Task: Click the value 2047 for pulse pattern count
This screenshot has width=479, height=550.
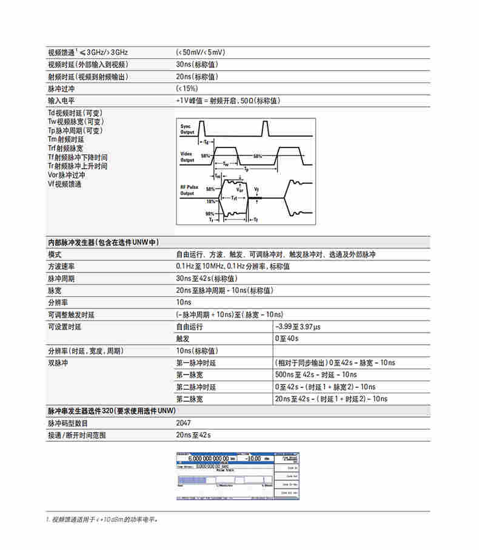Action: pyautogui.click(x=183, y=423)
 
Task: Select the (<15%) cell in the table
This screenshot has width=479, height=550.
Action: pyautogui.click(x=187, y=89)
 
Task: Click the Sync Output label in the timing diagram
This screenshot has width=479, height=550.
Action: pyautogui.click(x=188, y=128)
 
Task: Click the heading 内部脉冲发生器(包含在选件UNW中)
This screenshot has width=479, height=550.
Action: pyautogui.click(x=103, y=242)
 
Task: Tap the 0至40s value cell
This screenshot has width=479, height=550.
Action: pyautogui.click(x=287, y=339)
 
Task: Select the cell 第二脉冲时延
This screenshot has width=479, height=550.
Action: pyautogui.click(x=196, y=387)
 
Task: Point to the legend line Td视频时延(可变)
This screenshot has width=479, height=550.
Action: pyautogui.click(x=75, y=113)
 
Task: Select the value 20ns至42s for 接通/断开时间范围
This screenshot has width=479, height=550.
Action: pyautogui.click(x=193, y=435)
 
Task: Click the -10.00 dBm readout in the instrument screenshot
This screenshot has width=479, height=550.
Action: pyautogui.click(x=255, y=459)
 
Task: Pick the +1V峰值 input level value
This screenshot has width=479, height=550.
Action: pyautogui.click(x=228, y=101)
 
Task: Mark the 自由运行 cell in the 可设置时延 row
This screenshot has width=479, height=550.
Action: pyautogui.click(x=189, y=327)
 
